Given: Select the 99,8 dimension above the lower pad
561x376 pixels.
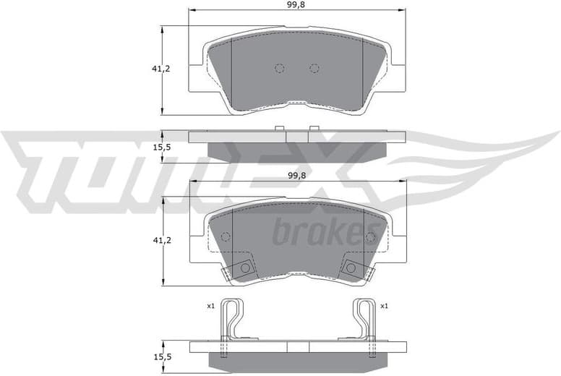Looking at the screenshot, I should click(297, 176).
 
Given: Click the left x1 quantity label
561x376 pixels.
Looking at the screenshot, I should click(210, 306).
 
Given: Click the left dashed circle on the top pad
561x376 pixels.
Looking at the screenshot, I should click(280, 69).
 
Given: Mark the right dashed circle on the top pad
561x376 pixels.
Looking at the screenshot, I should click(314, 69).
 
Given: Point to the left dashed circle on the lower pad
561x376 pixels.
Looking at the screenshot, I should click(225, 236).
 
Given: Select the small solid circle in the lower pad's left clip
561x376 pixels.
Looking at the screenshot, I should click(245, 268).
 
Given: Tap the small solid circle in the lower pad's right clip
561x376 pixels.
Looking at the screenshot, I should click(351, 268).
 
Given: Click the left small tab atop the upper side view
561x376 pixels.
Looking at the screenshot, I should click(279, 129).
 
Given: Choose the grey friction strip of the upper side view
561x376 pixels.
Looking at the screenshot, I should click(297, 148).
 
